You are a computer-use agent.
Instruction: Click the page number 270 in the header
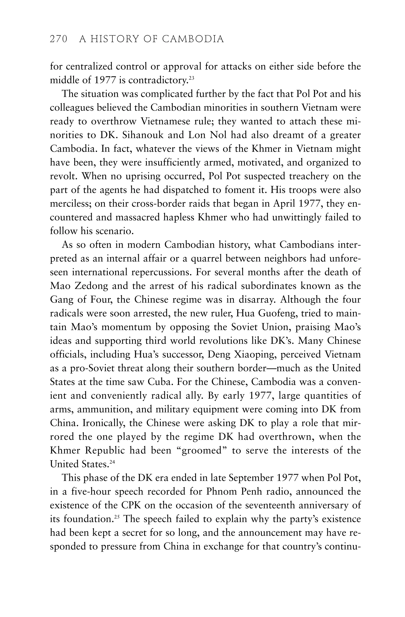pos(59,39)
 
